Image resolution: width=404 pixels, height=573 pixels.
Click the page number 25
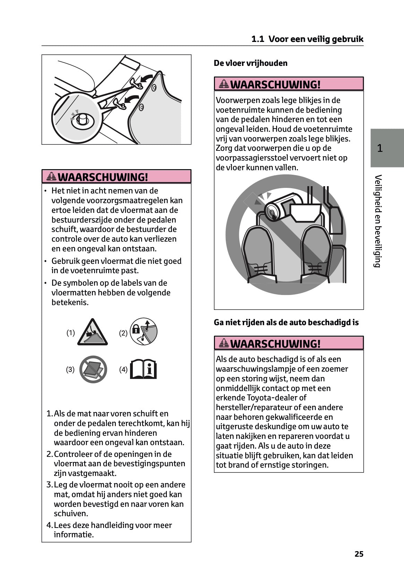point(359,554)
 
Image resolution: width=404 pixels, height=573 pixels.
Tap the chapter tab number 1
point(380,148)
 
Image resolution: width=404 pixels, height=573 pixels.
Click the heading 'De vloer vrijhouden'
point(251,63)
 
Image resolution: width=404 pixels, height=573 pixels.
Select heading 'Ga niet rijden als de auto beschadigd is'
point(286,322)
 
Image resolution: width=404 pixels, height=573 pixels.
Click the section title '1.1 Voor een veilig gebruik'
point(307,39)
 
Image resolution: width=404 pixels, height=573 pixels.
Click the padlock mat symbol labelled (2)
point(144,331)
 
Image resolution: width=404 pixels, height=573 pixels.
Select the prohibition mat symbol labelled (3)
point(93,369)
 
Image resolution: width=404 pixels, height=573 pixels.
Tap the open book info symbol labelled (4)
point(143,370)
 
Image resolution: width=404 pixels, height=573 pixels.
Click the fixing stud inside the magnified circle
point(83,119)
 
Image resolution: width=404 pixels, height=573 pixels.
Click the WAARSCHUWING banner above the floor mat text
point(117,177)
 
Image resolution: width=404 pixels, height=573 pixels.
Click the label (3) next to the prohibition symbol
point(70,370)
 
